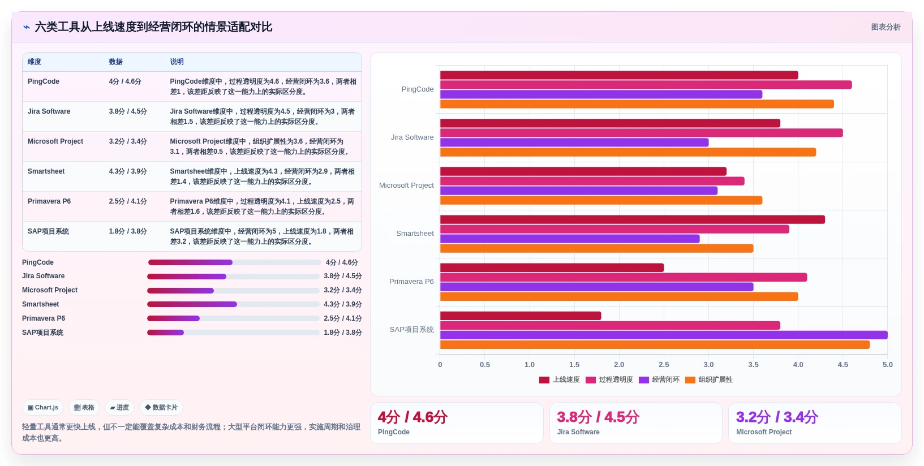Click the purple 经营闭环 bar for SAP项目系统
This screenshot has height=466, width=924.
coord(664,335)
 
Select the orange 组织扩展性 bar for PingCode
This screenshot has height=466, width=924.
coord(637,104)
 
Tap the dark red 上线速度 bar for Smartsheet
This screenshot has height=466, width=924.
coord(633,219)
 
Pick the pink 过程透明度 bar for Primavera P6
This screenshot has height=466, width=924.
coord(624,277)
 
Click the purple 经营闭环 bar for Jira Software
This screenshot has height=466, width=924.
coord(574,143)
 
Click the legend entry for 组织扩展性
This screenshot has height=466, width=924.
coord(708,380)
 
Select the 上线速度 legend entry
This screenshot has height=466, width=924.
coord(560,380)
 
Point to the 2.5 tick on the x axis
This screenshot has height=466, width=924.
coord(664,365)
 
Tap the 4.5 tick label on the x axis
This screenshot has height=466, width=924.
coord(843,365)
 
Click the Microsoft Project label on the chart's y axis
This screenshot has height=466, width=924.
coord(406,185)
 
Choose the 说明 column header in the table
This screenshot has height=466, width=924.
coord(177,62)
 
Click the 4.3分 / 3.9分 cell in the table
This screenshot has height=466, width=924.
coord(128,171)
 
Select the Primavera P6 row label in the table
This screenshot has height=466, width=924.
coord(49,201)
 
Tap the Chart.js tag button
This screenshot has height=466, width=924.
coord(43,407)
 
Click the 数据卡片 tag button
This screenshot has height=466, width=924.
coord(161,407)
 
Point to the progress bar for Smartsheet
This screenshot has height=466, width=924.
coord(233,304)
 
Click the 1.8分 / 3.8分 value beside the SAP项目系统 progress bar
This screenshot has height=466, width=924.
coord(343,333)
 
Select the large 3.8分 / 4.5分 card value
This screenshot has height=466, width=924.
coord(598,417)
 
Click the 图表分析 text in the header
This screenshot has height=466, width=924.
coord(886,27)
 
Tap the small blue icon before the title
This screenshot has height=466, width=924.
coord(27,27)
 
